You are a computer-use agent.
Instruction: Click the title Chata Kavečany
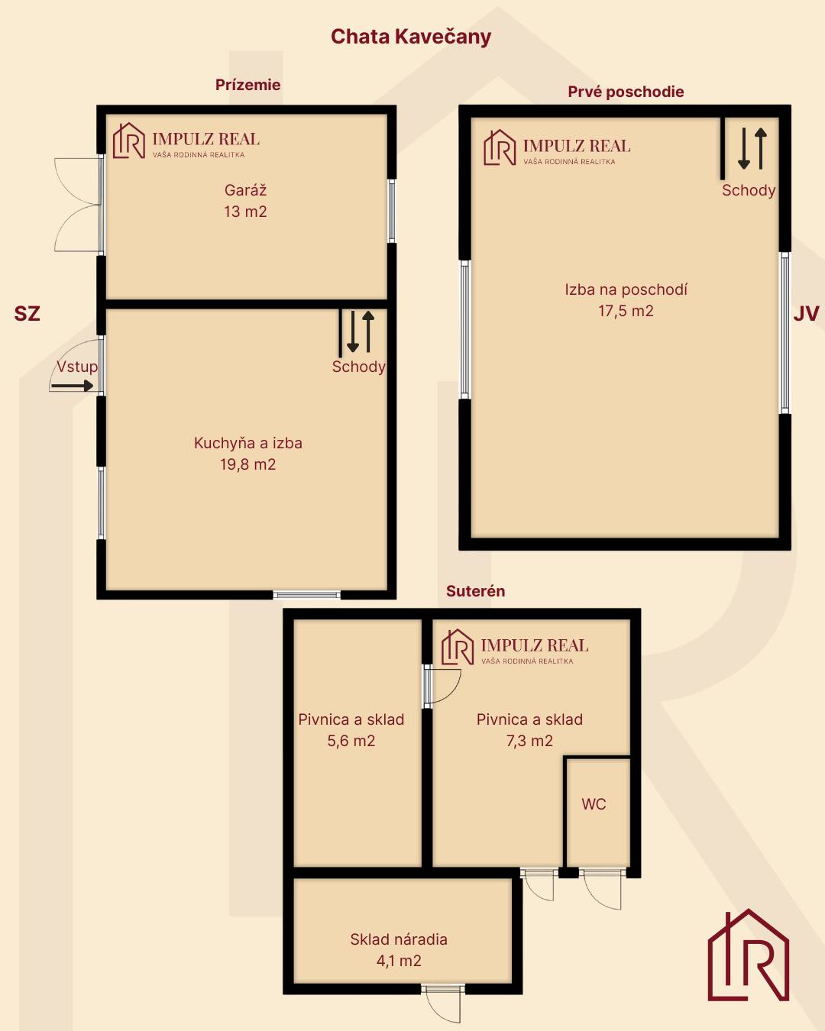411,37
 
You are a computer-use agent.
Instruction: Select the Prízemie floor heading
247,85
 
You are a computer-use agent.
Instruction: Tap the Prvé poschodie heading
626,92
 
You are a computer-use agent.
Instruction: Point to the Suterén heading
476,590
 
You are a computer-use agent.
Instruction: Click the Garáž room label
245,190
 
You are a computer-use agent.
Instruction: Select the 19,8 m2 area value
247,464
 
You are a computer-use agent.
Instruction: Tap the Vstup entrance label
76,367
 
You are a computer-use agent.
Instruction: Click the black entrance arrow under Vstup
72,386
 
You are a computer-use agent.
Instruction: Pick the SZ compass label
27,314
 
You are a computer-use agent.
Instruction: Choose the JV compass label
806,314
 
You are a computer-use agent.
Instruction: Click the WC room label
594,804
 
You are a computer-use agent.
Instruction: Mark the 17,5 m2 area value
626,311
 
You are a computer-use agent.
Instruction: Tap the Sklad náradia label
399,939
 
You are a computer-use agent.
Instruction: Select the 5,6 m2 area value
351,741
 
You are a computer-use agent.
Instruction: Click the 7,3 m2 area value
529,741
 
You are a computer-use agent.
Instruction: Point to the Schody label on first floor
749,191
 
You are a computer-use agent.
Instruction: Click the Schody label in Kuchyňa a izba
358,367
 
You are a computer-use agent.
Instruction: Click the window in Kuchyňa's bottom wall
307,595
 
